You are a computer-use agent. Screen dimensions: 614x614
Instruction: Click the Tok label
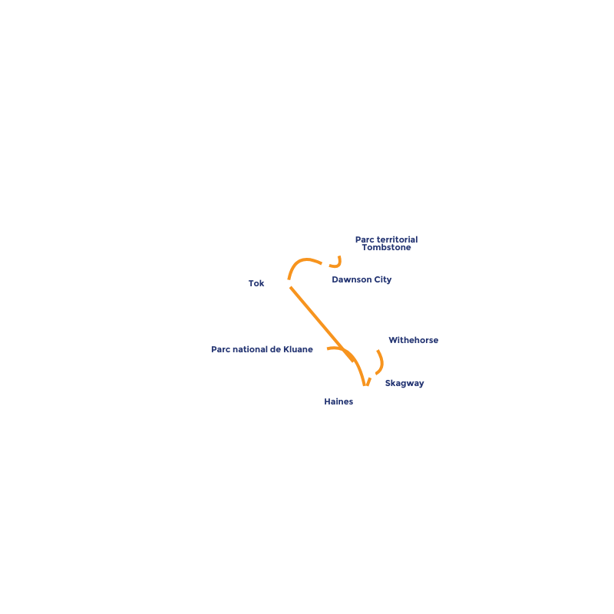click(x=256, y=284)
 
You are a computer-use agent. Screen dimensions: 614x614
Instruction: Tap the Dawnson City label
click(x=361, y=280)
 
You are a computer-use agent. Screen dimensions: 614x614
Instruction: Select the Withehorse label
click(x=413, y=341)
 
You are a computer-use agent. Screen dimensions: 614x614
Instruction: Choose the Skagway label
click(x=404, y=384)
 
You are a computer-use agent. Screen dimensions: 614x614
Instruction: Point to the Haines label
click(x=338, y=402)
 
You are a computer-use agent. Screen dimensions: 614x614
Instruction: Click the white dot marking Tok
click(x=287, y=284)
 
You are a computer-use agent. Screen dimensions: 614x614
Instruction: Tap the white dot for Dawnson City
click(x=325, y=265)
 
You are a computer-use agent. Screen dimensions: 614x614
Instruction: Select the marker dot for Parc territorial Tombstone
click(x=338, y=251)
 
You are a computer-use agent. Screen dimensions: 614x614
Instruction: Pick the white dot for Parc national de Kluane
click(x=323, y=349)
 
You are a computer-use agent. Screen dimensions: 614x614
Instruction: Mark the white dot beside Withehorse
click(x=375, y=346)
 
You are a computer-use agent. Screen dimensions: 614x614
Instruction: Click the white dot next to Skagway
click(x=371, y=374)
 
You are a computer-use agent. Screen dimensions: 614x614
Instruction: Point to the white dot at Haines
click(x=365, y=390)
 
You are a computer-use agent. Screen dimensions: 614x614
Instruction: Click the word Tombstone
click(x=387, y=248)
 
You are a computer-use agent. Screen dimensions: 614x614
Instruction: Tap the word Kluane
click(x=299, y=350)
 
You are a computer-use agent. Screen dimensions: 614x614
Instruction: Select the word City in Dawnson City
click(x=382, y=280)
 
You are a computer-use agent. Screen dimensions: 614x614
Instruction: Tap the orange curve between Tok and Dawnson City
click(x=303, y=260)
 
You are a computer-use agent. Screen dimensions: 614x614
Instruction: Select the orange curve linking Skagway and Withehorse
click(x=381, y=362)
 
